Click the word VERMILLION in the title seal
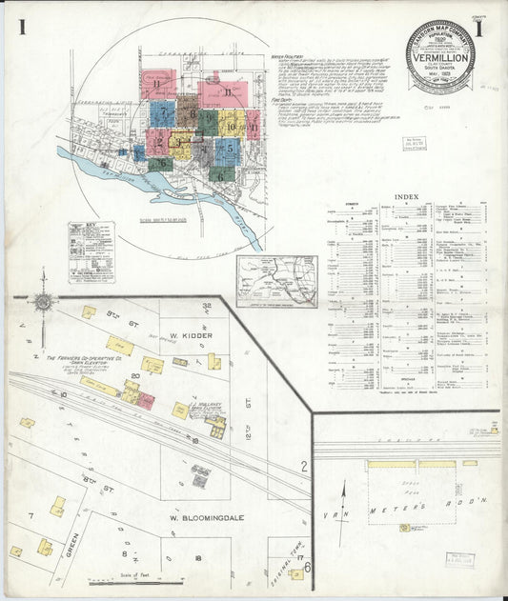tap(440, 55)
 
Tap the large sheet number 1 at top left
tap(20, 27)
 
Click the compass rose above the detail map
tap(43, 303)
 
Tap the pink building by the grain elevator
tap(146, 401)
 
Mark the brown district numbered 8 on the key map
tap(187, 111)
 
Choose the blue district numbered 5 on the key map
tap(228, 150)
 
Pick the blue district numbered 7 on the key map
tap(161, 113)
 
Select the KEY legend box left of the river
tap(91, 250)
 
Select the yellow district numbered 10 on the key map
tap(232, 124)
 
